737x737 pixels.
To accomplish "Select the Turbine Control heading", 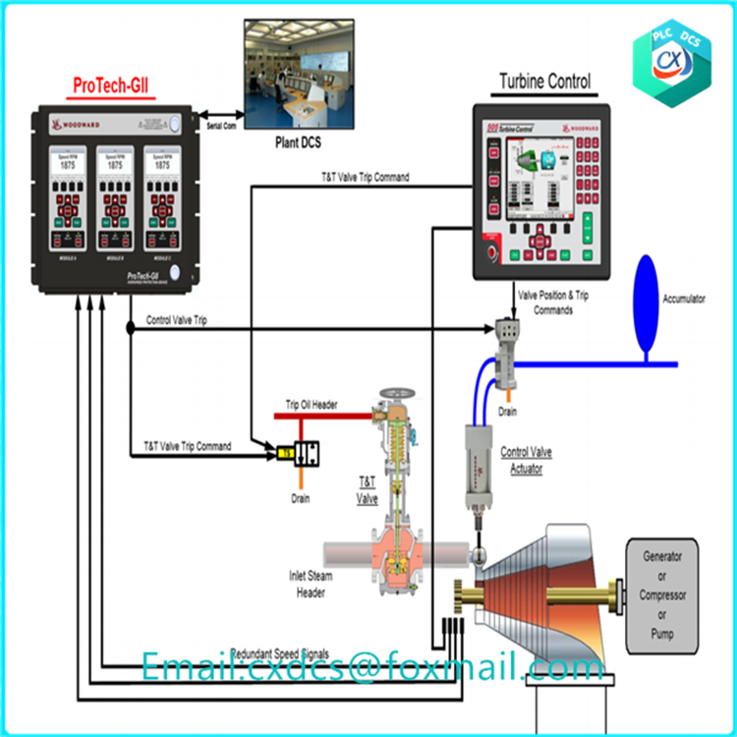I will click(545, 82).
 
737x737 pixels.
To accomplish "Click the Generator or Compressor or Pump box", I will click(663, 595).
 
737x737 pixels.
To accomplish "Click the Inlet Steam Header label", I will click(311, 584).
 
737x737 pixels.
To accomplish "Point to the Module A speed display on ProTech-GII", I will click(66, 163).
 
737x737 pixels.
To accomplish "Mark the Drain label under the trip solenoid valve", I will click(301, 498).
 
